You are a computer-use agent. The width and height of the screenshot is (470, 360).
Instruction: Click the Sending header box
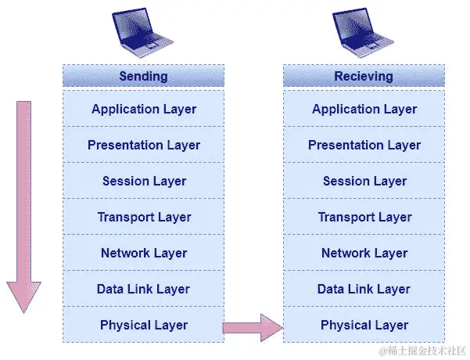coord(143,76)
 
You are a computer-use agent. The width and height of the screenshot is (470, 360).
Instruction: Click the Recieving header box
coord(364,76)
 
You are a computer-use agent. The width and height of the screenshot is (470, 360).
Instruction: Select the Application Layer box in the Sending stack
coord(143,109)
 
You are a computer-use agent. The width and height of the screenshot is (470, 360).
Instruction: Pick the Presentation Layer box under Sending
coord(143,145)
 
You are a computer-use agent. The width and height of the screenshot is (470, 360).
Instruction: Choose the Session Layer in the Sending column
coord(143,181)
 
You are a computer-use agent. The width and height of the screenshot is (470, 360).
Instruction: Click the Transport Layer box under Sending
coord(143,217)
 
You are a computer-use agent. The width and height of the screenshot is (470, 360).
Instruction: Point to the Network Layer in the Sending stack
coord(143,253)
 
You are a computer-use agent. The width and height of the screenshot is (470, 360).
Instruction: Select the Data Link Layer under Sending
coord(143,289)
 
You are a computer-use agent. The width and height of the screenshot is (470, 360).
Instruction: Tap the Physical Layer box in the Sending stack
coord(143,325)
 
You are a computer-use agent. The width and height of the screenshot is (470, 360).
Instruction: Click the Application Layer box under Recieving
coord(364,109)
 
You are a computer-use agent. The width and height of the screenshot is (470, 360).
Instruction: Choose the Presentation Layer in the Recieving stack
coord(364,145)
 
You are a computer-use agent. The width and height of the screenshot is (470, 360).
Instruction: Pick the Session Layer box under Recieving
coord(364,181)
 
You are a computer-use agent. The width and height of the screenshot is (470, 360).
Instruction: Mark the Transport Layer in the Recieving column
coord(364,217)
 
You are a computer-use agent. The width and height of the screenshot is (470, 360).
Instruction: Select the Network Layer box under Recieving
coord(364,253)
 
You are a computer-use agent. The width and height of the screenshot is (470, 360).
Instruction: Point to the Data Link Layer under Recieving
coord(364,289)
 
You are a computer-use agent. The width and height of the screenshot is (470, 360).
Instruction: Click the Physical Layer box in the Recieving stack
coord(364,325)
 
